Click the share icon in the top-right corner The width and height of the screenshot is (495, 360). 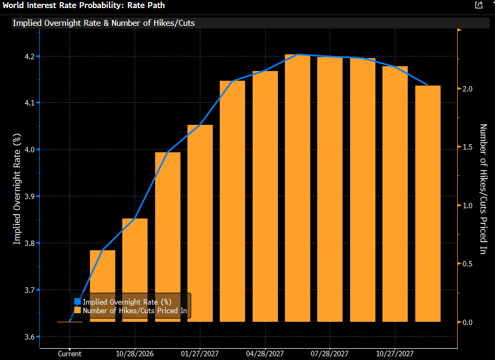coord(479,5)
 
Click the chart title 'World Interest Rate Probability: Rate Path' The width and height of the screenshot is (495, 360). coord(83,5)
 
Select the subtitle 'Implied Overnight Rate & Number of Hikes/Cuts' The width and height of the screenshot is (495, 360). coord(103,23)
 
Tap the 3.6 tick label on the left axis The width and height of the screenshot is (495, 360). coord(30,337)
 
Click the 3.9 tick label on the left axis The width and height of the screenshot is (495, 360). coord(30,196)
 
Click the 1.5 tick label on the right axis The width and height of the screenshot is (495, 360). coord(468,147)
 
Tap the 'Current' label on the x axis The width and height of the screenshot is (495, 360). coord(70,354)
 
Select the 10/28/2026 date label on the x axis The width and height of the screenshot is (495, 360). coord(135,354)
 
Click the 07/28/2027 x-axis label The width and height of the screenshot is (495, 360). coord(330,354)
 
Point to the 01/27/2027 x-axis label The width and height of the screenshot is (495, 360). coord(200,354)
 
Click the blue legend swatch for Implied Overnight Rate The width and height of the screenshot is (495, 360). coord(78,302)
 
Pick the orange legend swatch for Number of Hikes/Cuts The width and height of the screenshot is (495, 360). coord(78,310)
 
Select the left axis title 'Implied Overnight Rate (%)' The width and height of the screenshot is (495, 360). coord(17,189)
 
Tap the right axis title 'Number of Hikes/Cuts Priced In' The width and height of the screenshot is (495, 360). coord(483,189)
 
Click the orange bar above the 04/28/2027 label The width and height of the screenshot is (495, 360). coord(265,196)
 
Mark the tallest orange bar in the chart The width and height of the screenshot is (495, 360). coord(298,188)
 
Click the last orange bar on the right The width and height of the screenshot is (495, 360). coord(428,203)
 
